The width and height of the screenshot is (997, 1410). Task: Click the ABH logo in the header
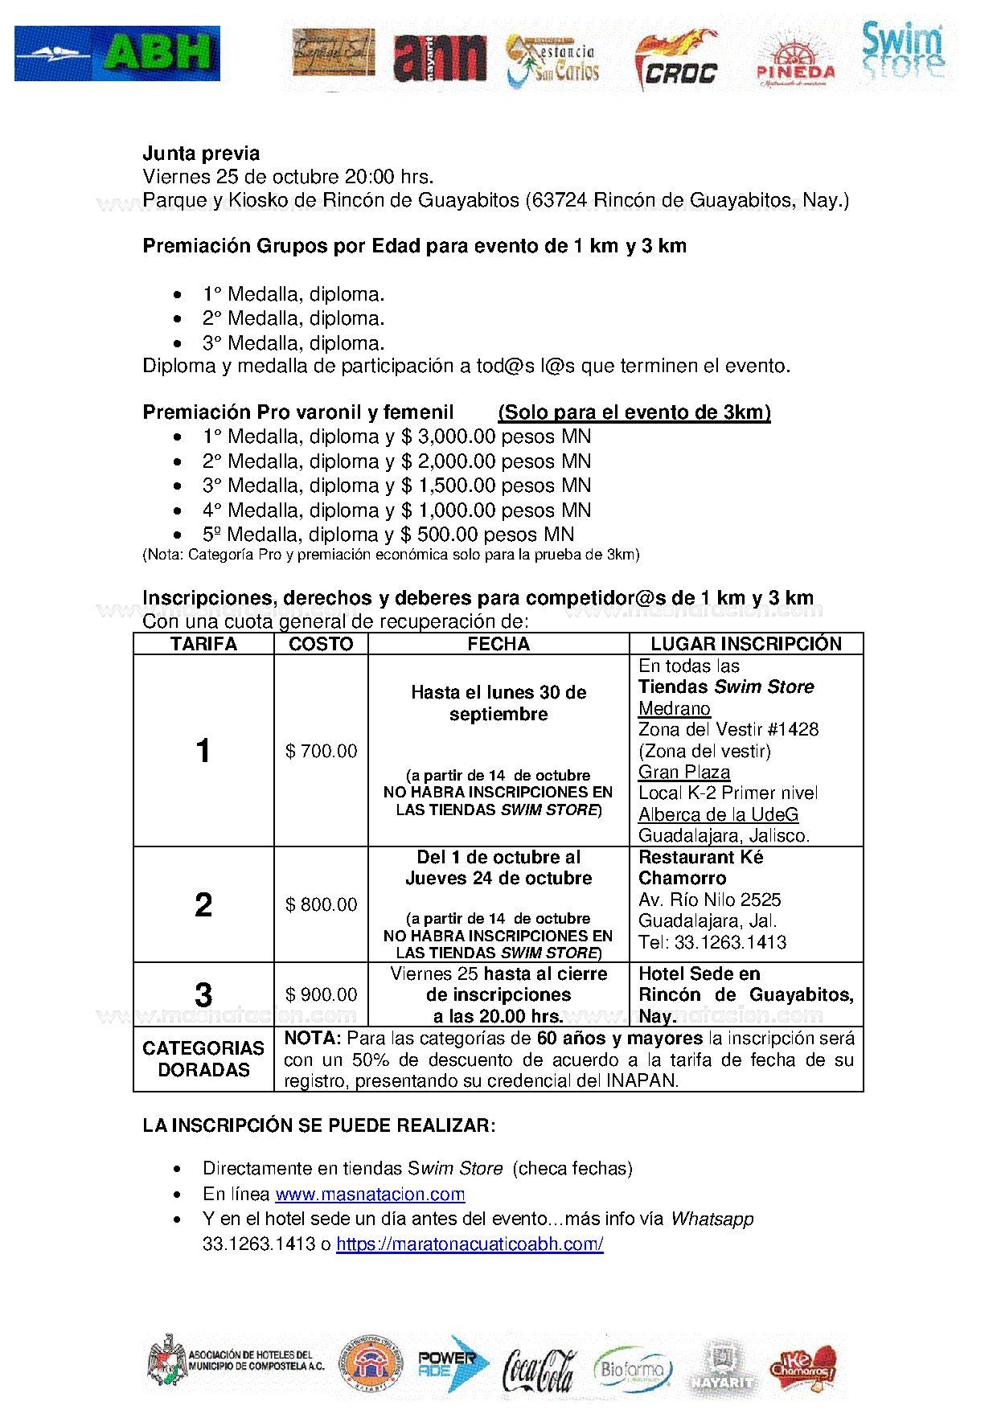pos(117,53)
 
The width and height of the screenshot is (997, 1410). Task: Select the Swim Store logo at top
pos(903,51)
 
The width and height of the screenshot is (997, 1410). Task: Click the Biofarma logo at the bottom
pos(633,1368)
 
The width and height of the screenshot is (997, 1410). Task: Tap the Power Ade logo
pos(453,1363)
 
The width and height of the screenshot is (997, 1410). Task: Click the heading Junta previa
pos(201,154)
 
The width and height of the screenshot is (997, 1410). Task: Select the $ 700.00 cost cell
pos(321,751)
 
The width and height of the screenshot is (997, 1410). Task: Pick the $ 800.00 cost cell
pos(321,904)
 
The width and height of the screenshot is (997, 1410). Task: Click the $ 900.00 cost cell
pos(321,994)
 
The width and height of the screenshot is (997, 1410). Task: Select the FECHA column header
pos(498,644)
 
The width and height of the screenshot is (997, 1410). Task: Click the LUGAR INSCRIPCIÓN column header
pos(745,644)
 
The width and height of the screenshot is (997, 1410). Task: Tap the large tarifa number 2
pos(203,905)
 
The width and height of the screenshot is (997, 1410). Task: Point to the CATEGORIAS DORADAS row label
pos(203,1059)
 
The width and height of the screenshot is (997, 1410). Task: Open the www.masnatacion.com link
pos(370,1194)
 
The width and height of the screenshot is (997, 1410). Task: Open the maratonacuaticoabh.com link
pos(470,1244)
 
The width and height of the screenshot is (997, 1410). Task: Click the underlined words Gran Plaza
pos(684,772)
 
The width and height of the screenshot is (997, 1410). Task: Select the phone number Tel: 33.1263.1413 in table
pos(712,942)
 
